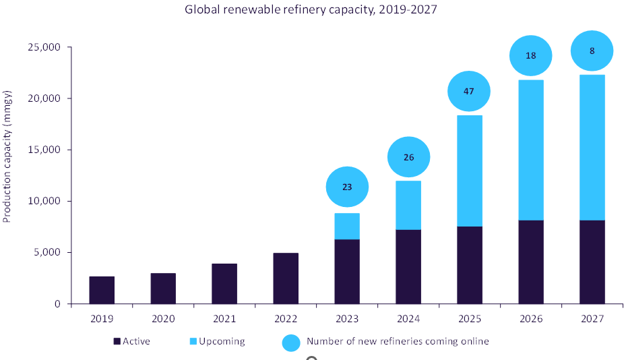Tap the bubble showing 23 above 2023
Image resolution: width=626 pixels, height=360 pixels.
347,187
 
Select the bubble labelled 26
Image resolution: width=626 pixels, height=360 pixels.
408,158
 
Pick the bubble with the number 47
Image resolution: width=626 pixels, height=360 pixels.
469,91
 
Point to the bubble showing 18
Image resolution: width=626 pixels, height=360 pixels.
530,55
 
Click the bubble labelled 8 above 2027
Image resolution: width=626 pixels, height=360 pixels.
592,51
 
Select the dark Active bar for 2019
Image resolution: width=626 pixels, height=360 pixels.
102,290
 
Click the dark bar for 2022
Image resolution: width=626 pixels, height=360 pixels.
286,278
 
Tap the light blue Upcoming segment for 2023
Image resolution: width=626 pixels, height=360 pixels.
347,226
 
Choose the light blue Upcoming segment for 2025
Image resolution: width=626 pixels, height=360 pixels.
469,171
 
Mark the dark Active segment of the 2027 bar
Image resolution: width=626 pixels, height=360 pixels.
592,262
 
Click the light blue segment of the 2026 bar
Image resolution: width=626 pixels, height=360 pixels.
530,150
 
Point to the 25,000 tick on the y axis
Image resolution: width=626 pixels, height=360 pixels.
42,47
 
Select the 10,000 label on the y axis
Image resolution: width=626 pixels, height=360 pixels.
42,201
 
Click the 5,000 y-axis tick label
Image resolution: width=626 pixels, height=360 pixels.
45,252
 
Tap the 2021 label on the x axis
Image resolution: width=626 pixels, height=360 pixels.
224,318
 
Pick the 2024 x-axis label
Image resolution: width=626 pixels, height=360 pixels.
408,318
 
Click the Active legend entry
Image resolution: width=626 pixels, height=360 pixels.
132,341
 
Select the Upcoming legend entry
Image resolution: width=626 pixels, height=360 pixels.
217,341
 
